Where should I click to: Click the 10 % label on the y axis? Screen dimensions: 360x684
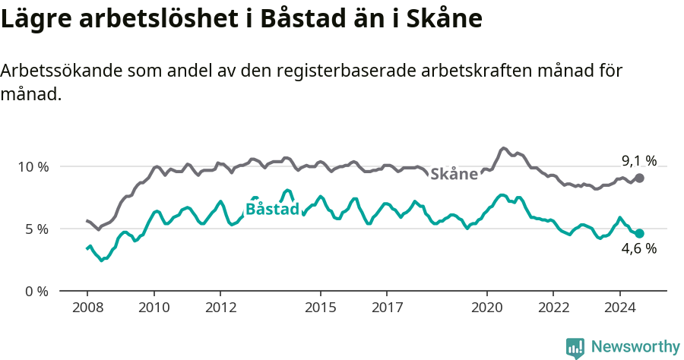click(31, 166)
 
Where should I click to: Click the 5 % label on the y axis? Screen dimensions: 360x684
click(35, 229)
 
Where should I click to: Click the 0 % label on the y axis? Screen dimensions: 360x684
click(35, 291)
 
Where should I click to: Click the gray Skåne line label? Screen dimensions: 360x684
click(454, 174)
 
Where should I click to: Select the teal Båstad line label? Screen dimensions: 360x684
click(273, 209)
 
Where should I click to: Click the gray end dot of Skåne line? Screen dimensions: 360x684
click(640, 178)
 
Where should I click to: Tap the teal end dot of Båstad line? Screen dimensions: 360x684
click(640, 234)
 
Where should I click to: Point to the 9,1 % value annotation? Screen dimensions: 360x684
click(638, 160)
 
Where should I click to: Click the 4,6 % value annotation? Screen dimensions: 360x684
click(638, 249)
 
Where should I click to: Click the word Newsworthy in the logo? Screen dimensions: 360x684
click(635, 347)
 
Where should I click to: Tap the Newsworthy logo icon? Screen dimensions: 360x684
click(575, 348)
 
